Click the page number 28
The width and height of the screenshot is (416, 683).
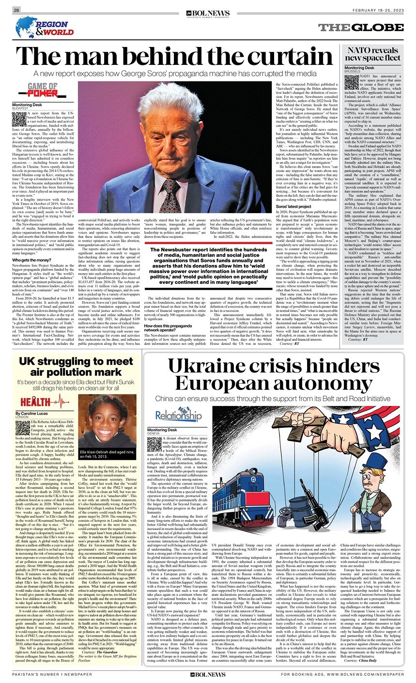pyautogui.click(x=16, y=10)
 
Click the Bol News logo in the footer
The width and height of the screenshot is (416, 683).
pyautogui.click(x=208, y=674)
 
